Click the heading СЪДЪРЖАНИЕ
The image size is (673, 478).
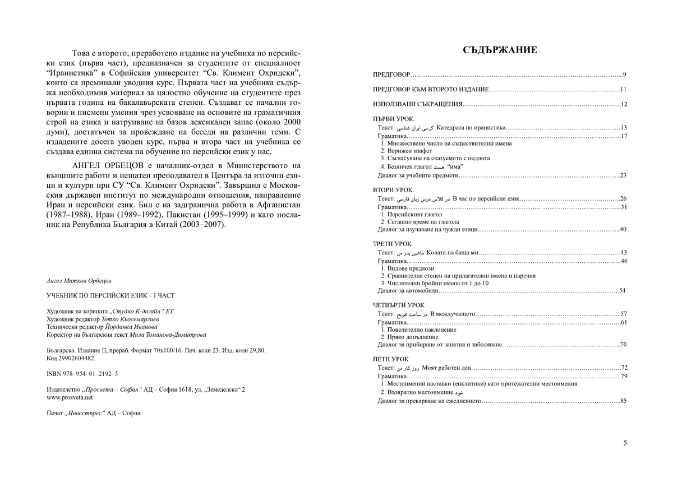500,50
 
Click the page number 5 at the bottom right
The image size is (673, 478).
625,443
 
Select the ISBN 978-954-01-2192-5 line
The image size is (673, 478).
82,373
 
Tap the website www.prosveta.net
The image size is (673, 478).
70,397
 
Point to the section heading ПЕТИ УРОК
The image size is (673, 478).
391,359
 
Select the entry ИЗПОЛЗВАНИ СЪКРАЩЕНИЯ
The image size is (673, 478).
418,104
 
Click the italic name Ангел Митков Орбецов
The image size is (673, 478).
79,280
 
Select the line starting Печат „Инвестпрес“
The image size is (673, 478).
93,412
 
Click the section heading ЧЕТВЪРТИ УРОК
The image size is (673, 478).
399,304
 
